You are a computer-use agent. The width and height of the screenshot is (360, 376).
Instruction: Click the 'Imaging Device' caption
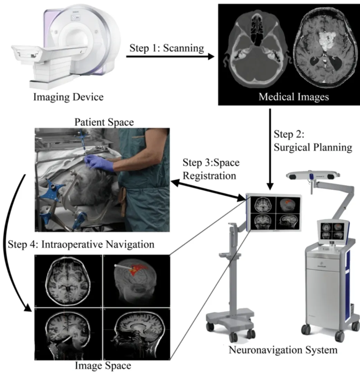point(68,97)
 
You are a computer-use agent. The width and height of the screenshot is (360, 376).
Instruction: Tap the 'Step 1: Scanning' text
point(167,48)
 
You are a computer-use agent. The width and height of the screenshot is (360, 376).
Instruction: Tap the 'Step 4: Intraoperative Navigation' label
point(81,244)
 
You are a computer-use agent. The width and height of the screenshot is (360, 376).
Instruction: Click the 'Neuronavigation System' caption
point(283,350)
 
